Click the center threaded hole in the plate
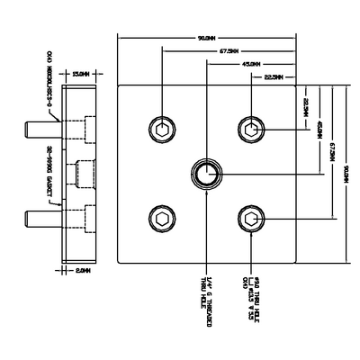tap(205, 173)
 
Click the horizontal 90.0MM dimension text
tap(205, 38)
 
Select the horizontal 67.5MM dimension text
tap(229, 51)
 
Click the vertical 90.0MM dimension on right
tap(346, 173)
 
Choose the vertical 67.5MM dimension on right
tap(332, 153)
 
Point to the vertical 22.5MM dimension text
tap(306, 109)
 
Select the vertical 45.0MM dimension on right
tap(319, 130)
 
